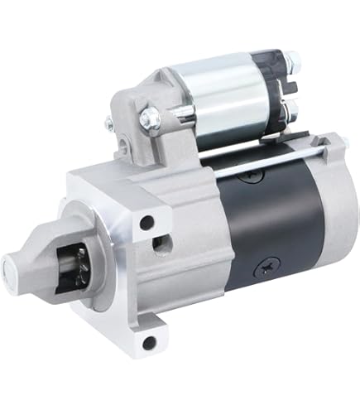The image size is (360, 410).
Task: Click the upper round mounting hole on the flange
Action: [146, 222]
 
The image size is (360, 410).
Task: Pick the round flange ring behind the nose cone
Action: [108, 265]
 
